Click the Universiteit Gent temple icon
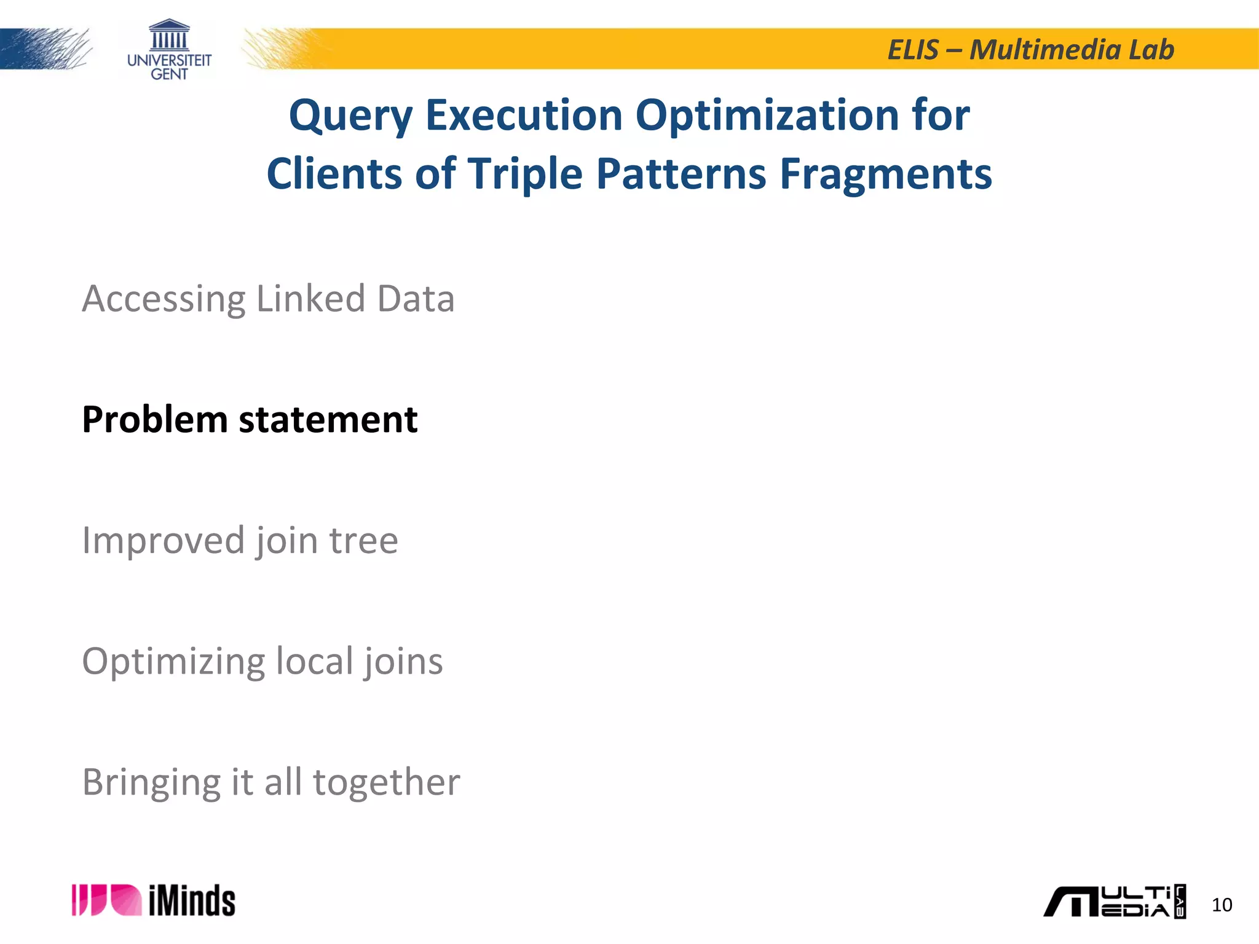tap(169, 35)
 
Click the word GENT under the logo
tap(169, 74)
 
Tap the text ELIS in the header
tap(914, 50)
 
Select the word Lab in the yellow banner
tap(1151, 50)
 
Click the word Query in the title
tap(350, 117)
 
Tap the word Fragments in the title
tap(886, 175)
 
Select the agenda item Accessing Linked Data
tap(268, 299)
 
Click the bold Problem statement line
tap(250, 420)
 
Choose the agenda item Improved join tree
tap(240, 541)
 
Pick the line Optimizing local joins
tap(262, 662)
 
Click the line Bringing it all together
tap(270, 782)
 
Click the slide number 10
tap(1222, 905)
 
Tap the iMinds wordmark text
tap(192, 902)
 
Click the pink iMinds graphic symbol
tap(106, 900)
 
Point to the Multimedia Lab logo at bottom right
tap(1114, 902)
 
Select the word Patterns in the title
tap(681, 175)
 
